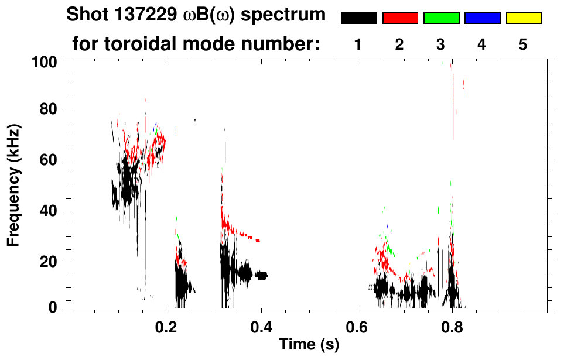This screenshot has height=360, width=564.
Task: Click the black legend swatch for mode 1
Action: (x=358, y=18)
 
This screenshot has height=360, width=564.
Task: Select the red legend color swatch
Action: (x=400, y=18)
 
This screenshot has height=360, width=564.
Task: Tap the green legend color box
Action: (x=441, y=18)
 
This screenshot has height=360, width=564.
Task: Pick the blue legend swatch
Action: (x=482, y=18)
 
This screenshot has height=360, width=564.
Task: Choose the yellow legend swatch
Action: (x=524, y=18)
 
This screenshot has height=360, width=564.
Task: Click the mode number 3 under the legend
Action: (x=441, y=44)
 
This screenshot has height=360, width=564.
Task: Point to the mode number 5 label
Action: (x=523, y=44)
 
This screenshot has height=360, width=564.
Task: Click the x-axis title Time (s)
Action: (x=309, y=345)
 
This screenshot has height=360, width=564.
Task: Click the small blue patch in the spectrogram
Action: (x=155, y=125)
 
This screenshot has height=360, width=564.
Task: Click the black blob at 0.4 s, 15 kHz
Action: (x=261, y=275)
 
